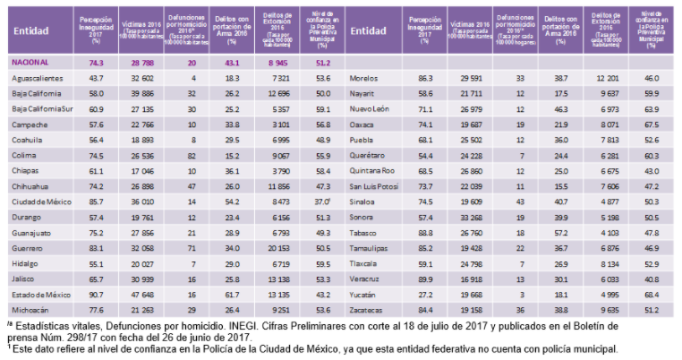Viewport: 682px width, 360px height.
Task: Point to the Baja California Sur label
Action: (41, 107)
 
